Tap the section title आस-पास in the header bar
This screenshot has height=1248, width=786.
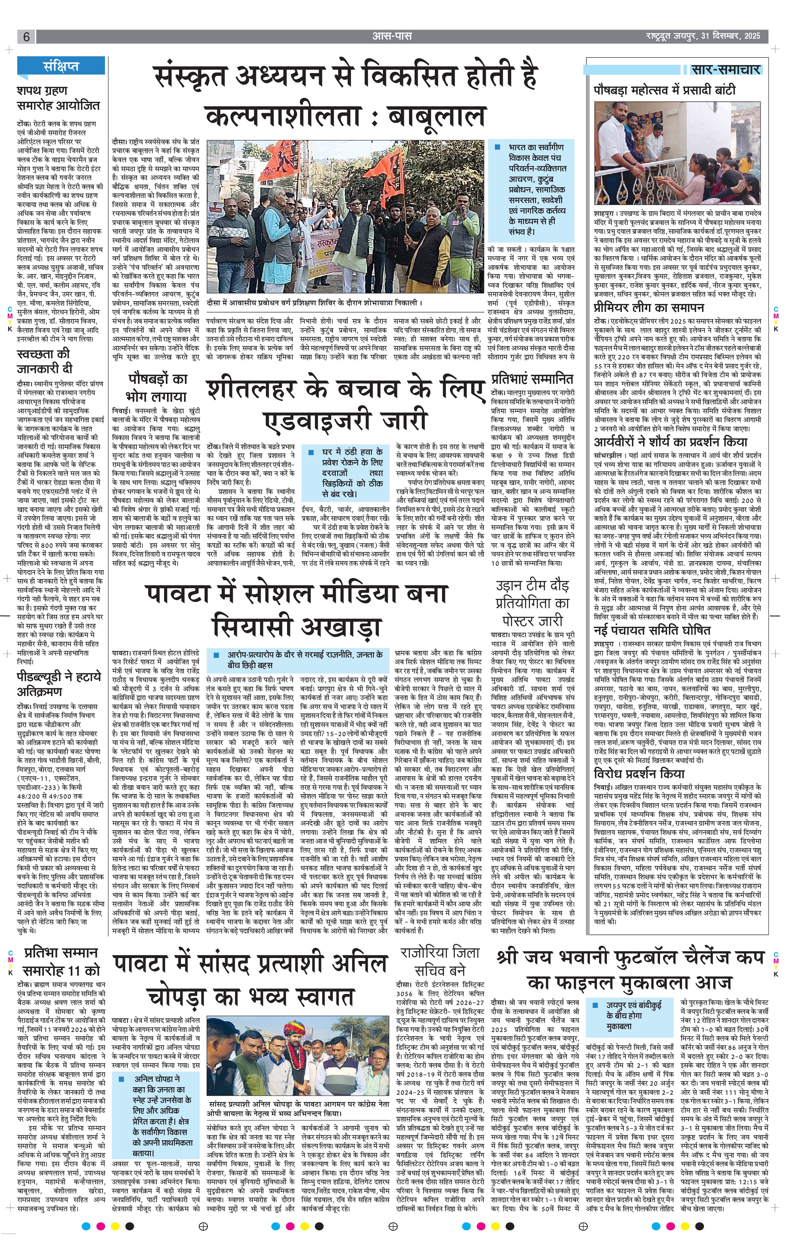coord(392,36)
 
